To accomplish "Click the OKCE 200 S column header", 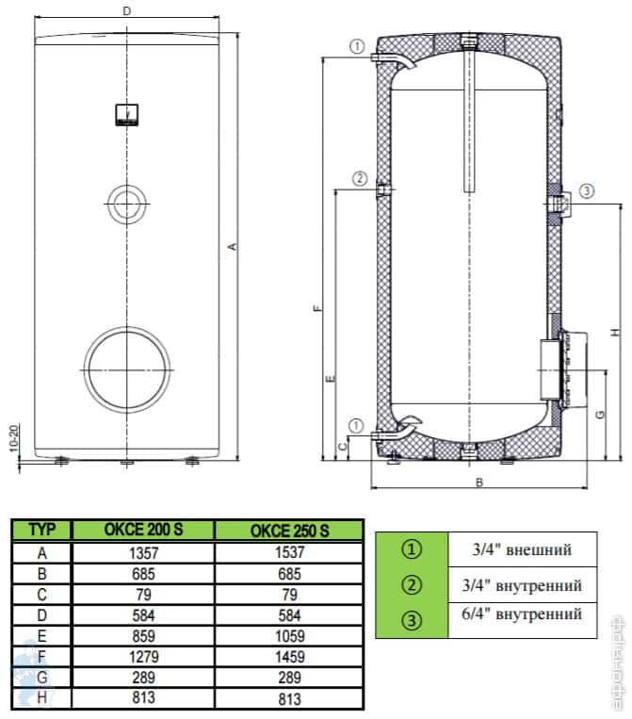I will pyautogui.click(x=143, y=531).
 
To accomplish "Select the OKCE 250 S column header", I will pyautogui.click(x=289, y=531).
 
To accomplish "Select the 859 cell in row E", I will pyautogui.click(x=143, y=633).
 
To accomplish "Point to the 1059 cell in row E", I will pyautogui.click(x=289, y=633).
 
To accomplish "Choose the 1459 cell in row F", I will pyautogui.click(x=289, y=654).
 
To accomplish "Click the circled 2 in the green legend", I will pyautogui.click(x=412, y=585).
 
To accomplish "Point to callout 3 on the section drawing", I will pyautogui.click(x=587, y=191).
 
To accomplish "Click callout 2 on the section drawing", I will pyautogui.click(x=359, y=178).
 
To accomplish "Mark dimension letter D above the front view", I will pyautogui.click(x=126, y=11).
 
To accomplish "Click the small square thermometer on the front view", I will pyautogui.click(x=125, y=113).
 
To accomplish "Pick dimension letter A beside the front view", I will pyautogui.click(x=232, y=247).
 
